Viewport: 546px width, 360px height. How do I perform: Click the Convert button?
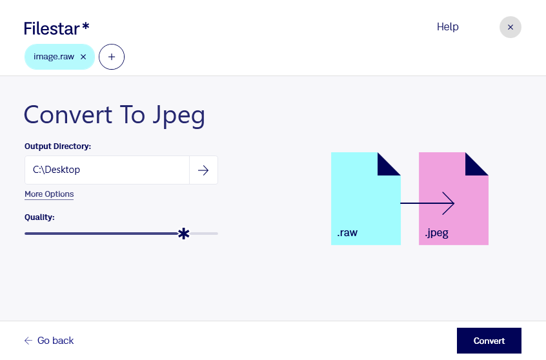pyautogui.click(x=489, y=341)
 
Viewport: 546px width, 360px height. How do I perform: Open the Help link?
pyautogui.click(x=447, y=27)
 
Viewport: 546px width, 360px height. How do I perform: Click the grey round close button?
pyautogui.click(x=510, y=27)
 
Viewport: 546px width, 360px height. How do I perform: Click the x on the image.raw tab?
pyautogui.click(x=83, y=57)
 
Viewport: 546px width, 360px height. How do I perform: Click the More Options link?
pyautogui.click(x=49, y=194)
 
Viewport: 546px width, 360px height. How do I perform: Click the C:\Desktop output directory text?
pyautogui.click(x=56, y=170)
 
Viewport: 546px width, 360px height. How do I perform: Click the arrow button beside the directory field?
pyautogui.click(x=203, y=170)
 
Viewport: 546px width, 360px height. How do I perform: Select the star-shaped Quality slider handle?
pyautogui.click(x=183, y=234)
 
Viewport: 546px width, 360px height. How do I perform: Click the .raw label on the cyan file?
pyautogui.click(x=347, y=232)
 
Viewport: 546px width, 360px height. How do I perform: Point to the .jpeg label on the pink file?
pyautogui.click(x=436, y=233)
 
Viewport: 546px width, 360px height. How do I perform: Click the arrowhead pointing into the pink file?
pyautogui.click(x=449, y=203)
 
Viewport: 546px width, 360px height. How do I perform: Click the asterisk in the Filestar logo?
pyautogui.click(x=86, y=26)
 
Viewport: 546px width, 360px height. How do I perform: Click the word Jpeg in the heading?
pyautogui.click(x=179, y=115)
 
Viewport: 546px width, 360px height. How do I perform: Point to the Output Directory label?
pyautogui.click(x=58, y=146)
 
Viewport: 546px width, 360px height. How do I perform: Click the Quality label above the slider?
pyautogui.click(x=39, y=217)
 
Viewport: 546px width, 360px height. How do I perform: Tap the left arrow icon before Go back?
pyautogui.click(x=28, y=341)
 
